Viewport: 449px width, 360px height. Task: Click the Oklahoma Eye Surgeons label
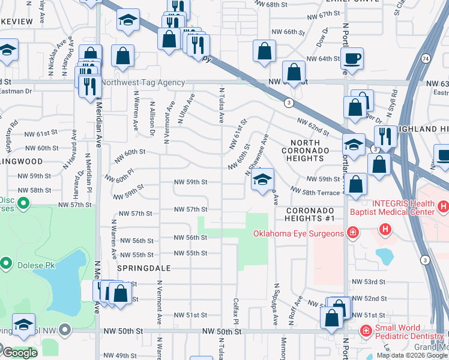click(x=298, y=233)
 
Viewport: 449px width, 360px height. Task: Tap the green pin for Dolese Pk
click(x=6, y=263)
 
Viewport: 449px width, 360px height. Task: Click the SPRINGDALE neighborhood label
click(x=144, y=268)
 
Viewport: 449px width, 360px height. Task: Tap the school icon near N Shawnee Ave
click(x=262, y=179)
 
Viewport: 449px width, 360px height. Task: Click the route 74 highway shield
click(x=425, y=59)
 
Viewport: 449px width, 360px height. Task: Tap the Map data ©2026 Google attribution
click(x=411, y=355)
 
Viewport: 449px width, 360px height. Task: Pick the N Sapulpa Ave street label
click(x=276, y=304)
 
